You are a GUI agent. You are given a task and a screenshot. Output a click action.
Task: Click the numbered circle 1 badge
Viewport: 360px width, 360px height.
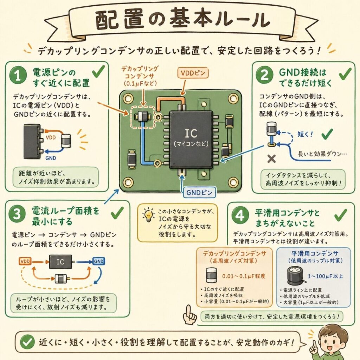(x=18, y=76)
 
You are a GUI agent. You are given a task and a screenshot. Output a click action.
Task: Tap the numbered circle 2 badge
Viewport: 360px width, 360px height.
(x=264, y=75)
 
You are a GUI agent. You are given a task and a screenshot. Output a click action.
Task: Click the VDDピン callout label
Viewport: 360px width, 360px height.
(x=193, y=73)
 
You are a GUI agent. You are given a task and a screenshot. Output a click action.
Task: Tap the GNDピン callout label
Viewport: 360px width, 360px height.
(x=199, y=192)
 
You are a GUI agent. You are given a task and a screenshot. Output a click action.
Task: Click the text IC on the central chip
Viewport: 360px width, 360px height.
(x=191, y=133)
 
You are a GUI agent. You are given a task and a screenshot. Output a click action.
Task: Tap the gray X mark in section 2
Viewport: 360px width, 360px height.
(x=272, y=159)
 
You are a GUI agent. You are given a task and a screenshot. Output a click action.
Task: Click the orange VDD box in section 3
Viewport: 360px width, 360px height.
(x=25, y=262)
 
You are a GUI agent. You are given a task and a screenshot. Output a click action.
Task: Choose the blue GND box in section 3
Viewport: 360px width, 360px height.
(x=99, y=261)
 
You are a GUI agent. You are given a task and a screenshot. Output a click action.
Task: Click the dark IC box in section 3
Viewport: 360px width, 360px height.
(x=60, y=262)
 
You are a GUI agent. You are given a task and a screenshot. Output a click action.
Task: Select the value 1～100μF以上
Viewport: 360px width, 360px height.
(x=325, y=276)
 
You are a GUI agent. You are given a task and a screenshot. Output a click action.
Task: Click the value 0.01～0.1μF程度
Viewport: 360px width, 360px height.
(x=244, y=276)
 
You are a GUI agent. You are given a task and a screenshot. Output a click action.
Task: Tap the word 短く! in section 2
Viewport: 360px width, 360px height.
(x=305, y=134)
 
